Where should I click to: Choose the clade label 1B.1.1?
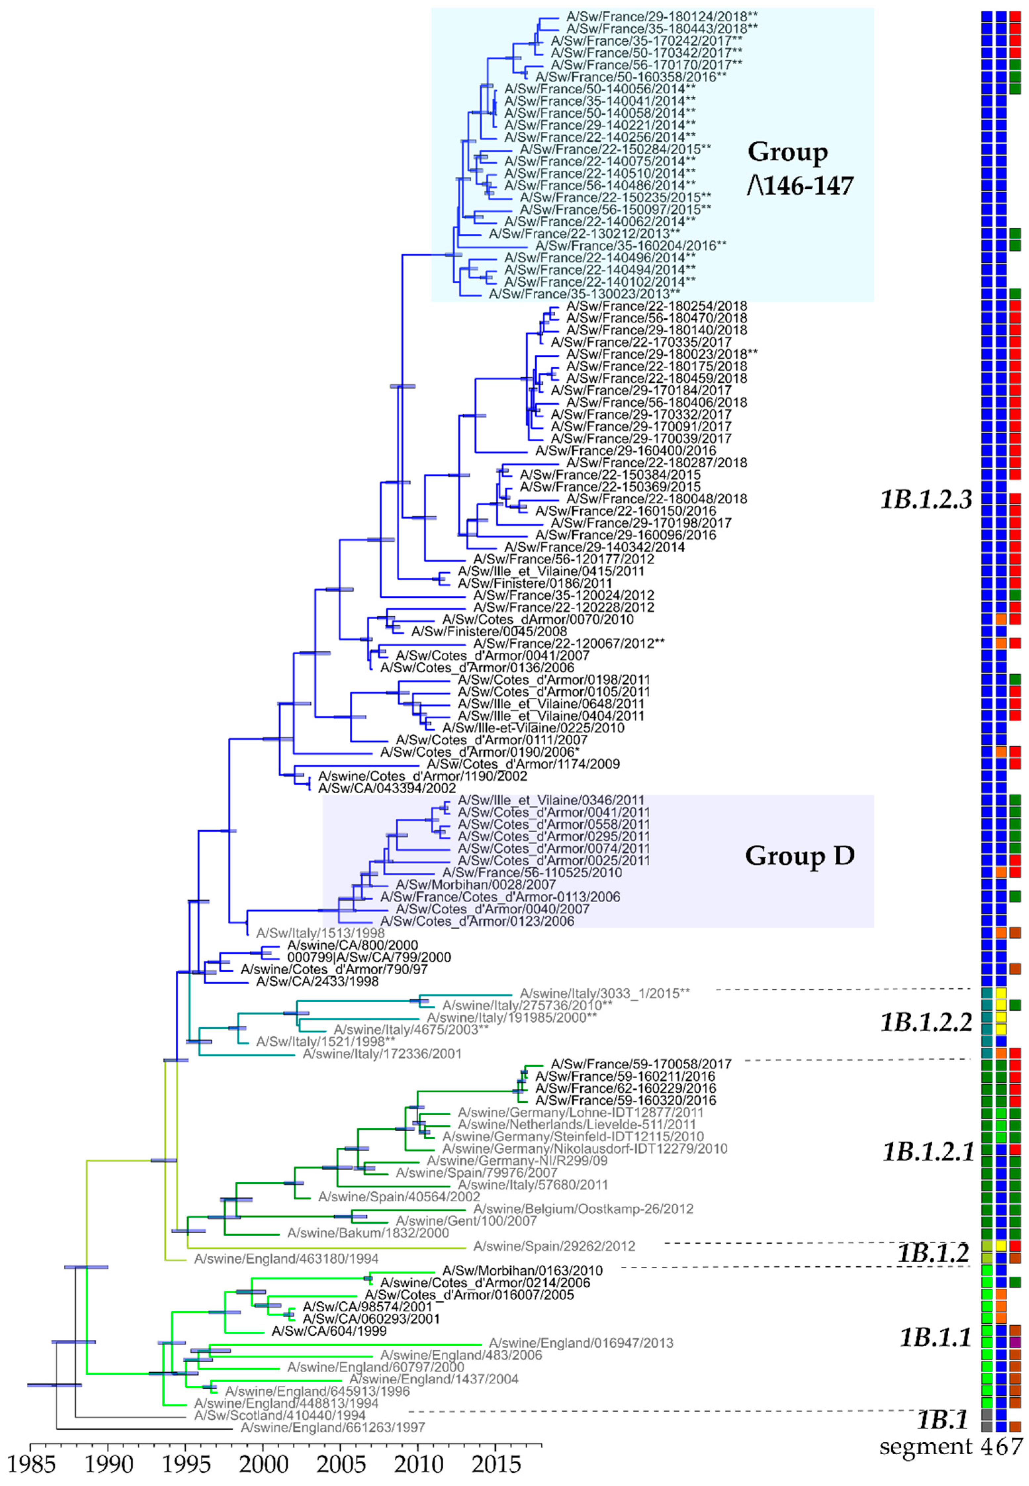(935, 1338)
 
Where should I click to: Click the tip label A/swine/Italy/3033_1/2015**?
(605, 993)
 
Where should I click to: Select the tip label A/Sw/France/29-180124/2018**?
(662, 16)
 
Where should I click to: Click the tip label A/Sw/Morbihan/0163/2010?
(522, 1271)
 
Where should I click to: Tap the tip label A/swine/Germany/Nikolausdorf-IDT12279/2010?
(585, 1149)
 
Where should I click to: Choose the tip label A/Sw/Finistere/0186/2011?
(534, 583)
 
